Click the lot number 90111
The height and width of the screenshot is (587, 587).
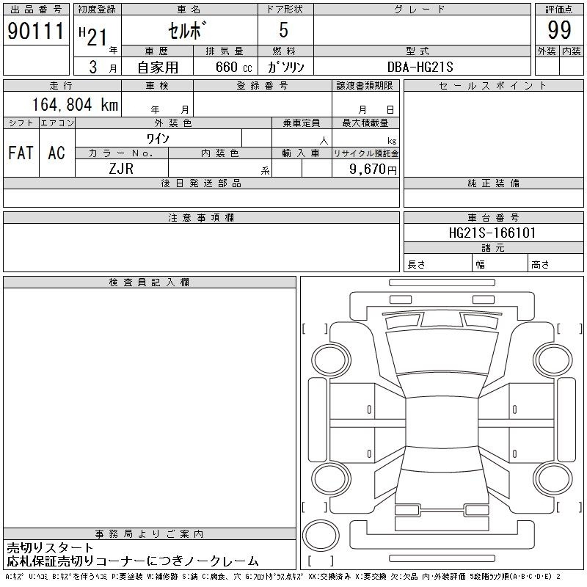point(36,31)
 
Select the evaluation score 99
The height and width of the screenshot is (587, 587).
point(559,30)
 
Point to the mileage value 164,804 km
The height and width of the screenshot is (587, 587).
point(75,104)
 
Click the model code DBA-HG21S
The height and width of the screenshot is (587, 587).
point(420,67)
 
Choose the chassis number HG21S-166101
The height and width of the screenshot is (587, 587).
point(492,233)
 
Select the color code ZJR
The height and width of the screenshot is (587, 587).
point(121,169)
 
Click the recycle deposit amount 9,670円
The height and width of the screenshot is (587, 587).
point(373,169)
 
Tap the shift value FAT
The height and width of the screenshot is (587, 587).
point(21,153)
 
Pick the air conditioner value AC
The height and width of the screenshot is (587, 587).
point(56,153)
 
